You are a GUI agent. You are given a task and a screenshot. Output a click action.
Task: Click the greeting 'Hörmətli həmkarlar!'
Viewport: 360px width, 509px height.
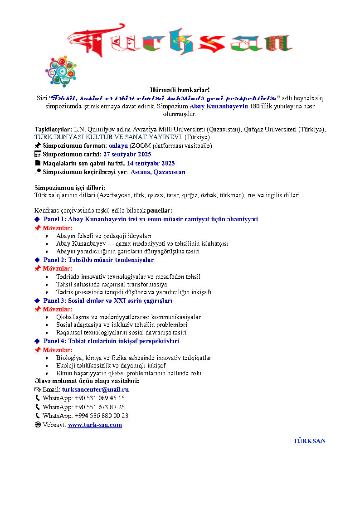180,90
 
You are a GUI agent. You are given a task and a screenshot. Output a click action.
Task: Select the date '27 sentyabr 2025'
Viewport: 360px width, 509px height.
127,155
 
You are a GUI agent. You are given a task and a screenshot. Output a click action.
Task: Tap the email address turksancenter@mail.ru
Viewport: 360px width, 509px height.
95,389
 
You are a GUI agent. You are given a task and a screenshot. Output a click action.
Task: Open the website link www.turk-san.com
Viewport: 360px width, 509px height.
95,425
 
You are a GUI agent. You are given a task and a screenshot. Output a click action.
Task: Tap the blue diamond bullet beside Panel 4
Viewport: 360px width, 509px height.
38,341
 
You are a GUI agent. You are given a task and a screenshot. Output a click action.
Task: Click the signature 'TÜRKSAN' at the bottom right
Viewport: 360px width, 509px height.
309,441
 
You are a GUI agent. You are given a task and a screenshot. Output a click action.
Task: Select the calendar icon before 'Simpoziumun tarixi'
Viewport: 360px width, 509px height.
38,155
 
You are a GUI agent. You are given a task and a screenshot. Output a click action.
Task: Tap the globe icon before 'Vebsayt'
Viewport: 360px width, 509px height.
38,425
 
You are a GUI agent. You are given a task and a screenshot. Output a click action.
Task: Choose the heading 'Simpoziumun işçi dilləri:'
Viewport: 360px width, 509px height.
73,187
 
